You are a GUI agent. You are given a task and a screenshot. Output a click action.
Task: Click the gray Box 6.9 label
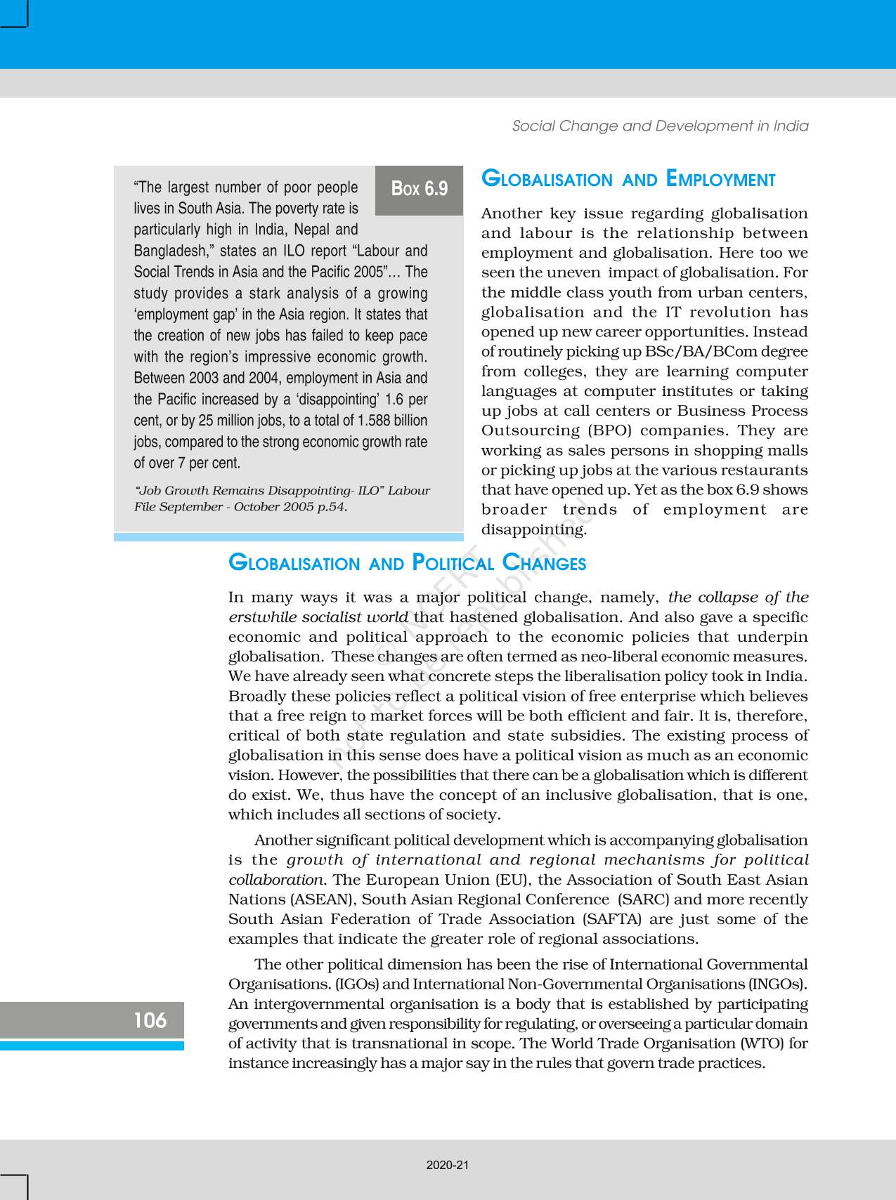(420, 190)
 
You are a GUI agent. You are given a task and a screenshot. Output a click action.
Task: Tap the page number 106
(150, 1020)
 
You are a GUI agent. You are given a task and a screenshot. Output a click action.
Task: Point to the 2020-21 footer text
(448, 1165)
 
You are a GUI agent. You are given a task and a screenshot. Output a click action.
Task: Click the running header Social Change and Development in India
(660, 126)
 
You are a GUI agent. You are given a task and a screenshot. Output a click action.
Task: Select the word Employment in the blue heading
(720, 180)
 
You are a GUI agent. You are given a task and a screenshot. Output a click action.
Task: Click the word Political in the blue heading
(453, 563)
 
